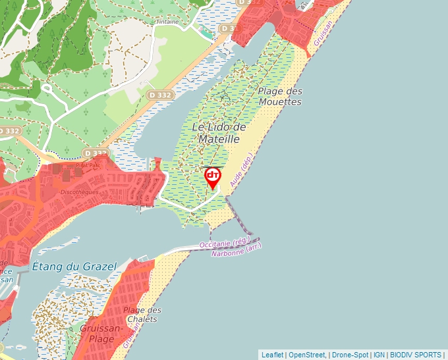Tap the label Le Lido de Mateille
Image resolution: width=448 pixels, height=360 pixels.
219,132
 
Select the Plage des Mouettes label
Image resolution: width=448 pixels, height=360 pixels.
280,97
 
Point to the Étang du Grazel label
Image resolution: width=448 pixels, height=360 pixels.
74,267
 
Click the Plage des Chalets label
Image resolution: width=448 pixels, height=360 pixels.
142,315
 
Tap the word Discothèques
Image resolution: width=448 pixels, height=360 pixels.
79,192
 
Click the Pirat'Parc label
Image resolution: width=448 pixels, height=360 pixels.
87,166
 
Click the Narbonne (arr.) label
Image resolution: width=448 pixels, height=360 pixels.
237,251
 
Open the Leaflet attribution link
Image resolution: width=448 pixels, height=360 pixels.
272,355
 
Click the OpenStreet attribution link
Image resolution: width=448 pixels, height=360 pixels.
307,355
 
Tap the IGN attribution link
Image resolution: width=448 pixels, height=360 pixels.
379,355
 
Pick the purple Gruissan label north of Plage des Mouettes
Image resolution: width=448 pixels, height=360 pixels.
324,31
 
